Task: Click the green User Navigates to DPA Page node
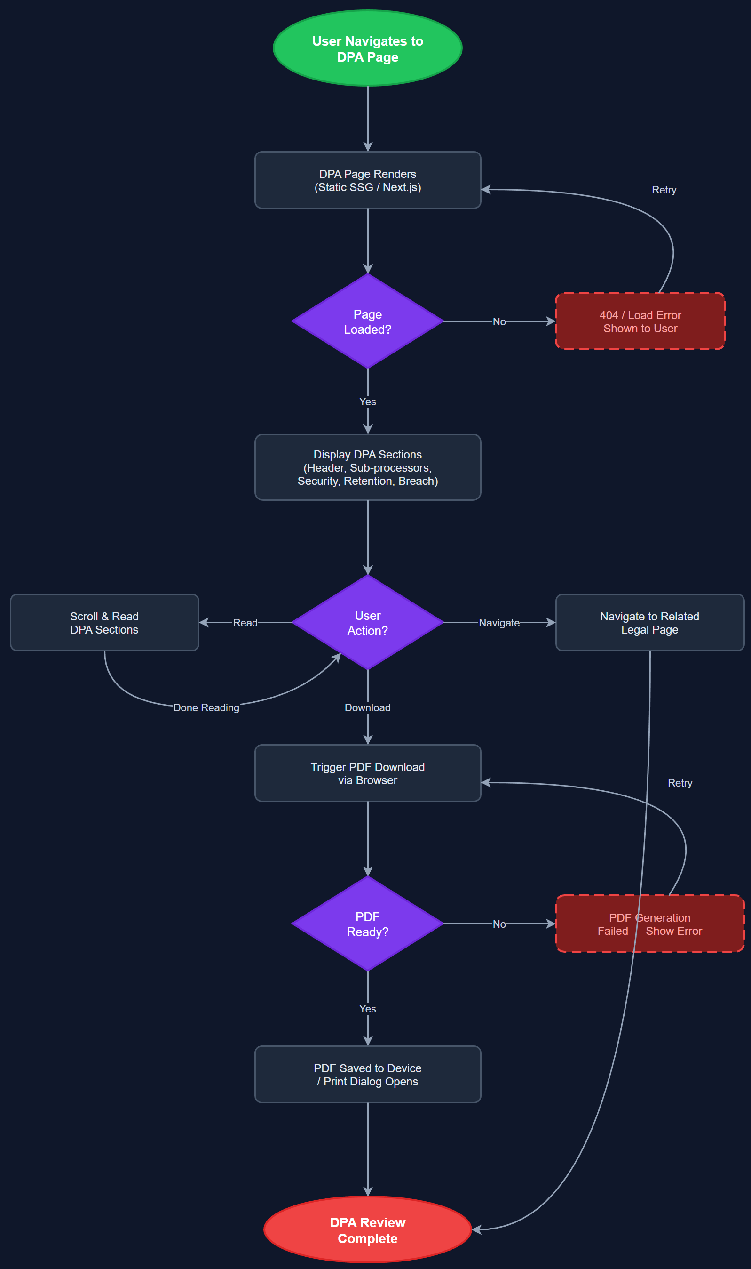pos(367,48)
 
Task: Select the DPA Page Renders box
pos(367,180)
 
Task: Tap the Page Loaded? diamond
pos(367,321)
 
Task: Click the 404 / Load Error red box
pos(640,321)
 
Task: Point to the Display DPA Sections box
pos(367,467)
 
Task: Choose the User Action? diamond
pos(367,623)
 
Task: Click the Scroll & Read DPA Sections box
pos(104,623)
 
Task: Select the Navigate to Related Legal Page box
pos(649,623)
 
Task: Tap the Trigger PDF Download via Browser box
pos(367,773)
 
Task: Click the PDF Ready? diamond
pos(367,924)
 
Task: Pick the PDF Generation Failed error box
pos(649,924)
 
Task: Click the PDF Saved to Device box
pos(367,1075)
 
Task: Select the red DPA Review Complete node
pos(367,1230)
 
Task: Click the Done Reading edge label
pos(206,707)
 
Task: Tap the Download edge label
pos(367,707)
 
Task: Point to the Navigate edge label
pos(499,623)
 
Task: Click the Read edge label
pos(245,623)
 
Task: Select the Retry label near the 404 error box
pos(664,190)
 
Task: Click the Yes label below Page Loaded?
pos(367,402)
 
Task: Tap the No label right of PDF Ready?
pos(499,924)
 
